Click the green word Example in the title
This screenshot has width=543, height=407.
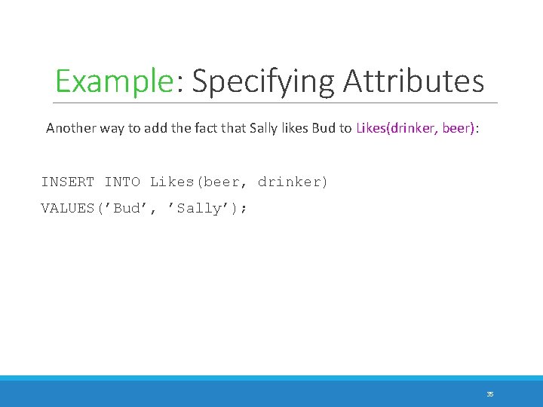(115, 81)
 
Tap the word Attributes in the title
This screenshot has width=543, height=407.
(413, 81)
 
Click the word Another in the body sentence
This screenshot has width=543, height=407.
(69, 128)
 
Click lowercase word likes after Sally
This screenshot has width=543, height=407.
(287, 128)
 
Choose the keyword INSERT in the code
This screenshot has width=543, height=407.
(68, 182)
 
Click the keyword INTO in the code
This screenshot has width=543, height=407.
(122, 182)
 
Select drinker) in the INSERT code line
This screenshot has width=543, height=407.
(293, 182)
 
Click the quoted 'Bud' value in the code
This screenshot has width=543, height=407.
(130, 209)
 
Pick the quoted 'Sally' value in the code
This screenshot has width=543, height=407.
(200, 209)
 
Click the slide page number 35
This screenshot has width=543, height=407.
(490, 393)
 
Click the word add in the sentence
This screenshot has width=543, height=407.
(150, 128)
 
